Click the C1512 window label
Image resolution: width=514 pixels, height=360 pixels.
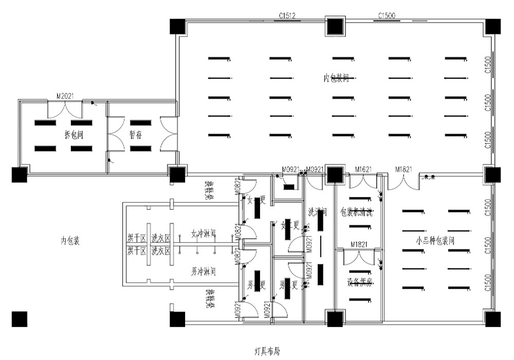point(287,16)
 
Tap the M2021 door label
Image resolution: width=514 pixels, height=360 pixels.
point(65,96)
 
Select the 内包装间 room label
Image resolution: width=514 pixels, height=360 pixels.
point(336,78)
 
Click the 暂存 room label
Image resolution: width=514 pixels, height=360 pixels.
point(136,135)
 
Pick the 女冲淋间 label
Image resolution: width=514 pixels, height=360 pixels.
point(204,232)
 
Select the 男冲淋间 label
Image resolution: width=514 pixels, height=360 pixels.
point(204,270)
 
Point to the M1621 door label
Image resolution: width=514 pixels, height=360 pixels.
point(363,169)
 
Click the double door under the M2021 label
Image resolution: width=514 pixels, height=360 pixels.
point(65,109)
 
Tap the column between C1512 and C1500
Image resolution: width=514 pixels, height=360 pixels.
point(335,26)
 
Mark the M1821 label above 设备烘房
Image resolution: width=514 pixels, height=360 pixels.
point(359,244)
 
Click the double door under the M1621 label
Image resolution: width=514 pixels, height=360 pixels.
point(363,181)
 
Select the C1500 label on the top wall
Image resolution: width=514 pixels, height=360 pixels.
point(387,16)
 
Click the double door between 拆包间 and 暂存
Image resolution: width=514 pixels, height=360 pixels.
point(116,135)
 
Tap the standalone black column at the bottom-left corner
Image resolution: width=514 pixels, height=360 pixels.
point(19,319)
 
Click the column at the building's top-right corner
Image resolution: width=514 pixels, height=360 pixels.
point(492,26)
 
